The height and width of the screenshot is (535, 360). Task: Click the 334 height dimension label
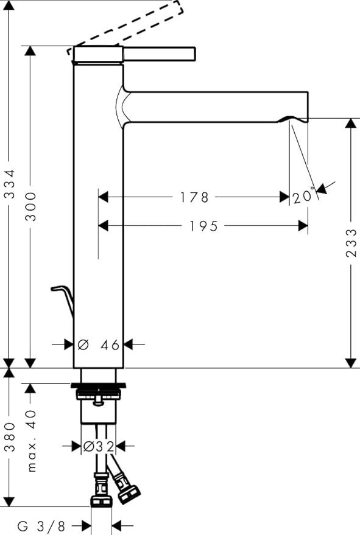(10, 184)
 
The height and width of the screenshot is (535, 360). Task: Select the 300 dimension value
(30, 206)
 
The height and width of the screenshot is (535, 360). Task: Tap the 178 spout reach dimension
(194, 197)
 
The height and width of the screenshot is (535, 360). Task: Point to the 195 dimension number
(203, 226)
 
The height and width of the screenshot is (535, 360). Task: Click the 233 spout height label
(351, 243)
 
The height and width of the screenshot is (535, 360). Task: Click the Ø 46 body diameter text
(99, 344)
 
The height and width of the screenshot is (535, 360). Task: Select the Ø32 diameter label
(99, 446)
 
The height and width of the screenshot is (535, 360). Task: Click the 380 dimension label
(10, 437)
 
